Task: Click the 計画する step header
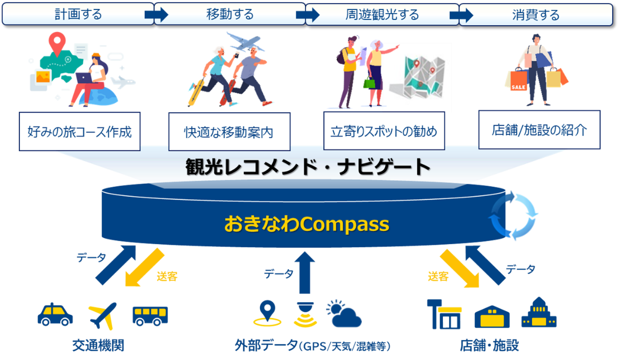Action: click(x=78, y=14)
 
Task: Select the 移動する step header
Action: click(x=230, y=14)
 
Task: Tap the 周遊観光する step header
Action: click(x=382, y=15)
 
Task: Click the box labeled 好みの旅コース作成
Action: click(x=80, y=132)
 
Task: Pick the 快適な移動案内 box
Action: click(x=230, y=132)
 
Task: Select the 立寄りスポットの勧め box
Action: click(x=384, y=130)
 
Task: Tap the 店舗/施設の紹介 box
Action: click(x=539, y=130)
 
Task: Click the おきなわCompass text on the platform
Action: click(x=306, y=224)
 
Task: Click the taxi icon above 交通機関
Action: click(x=55, y=314)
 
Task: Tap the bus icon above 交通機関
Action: click(x=150, y=316)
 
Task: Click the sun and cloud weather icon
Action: click(x=344, y=314)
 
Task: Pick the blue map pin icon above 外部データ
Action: click(x=267, y=313)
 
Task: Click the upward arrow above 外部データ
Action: click(x=305, y=272)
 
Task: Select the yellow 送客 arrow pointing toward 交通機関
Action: click(x=144, y=268)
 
